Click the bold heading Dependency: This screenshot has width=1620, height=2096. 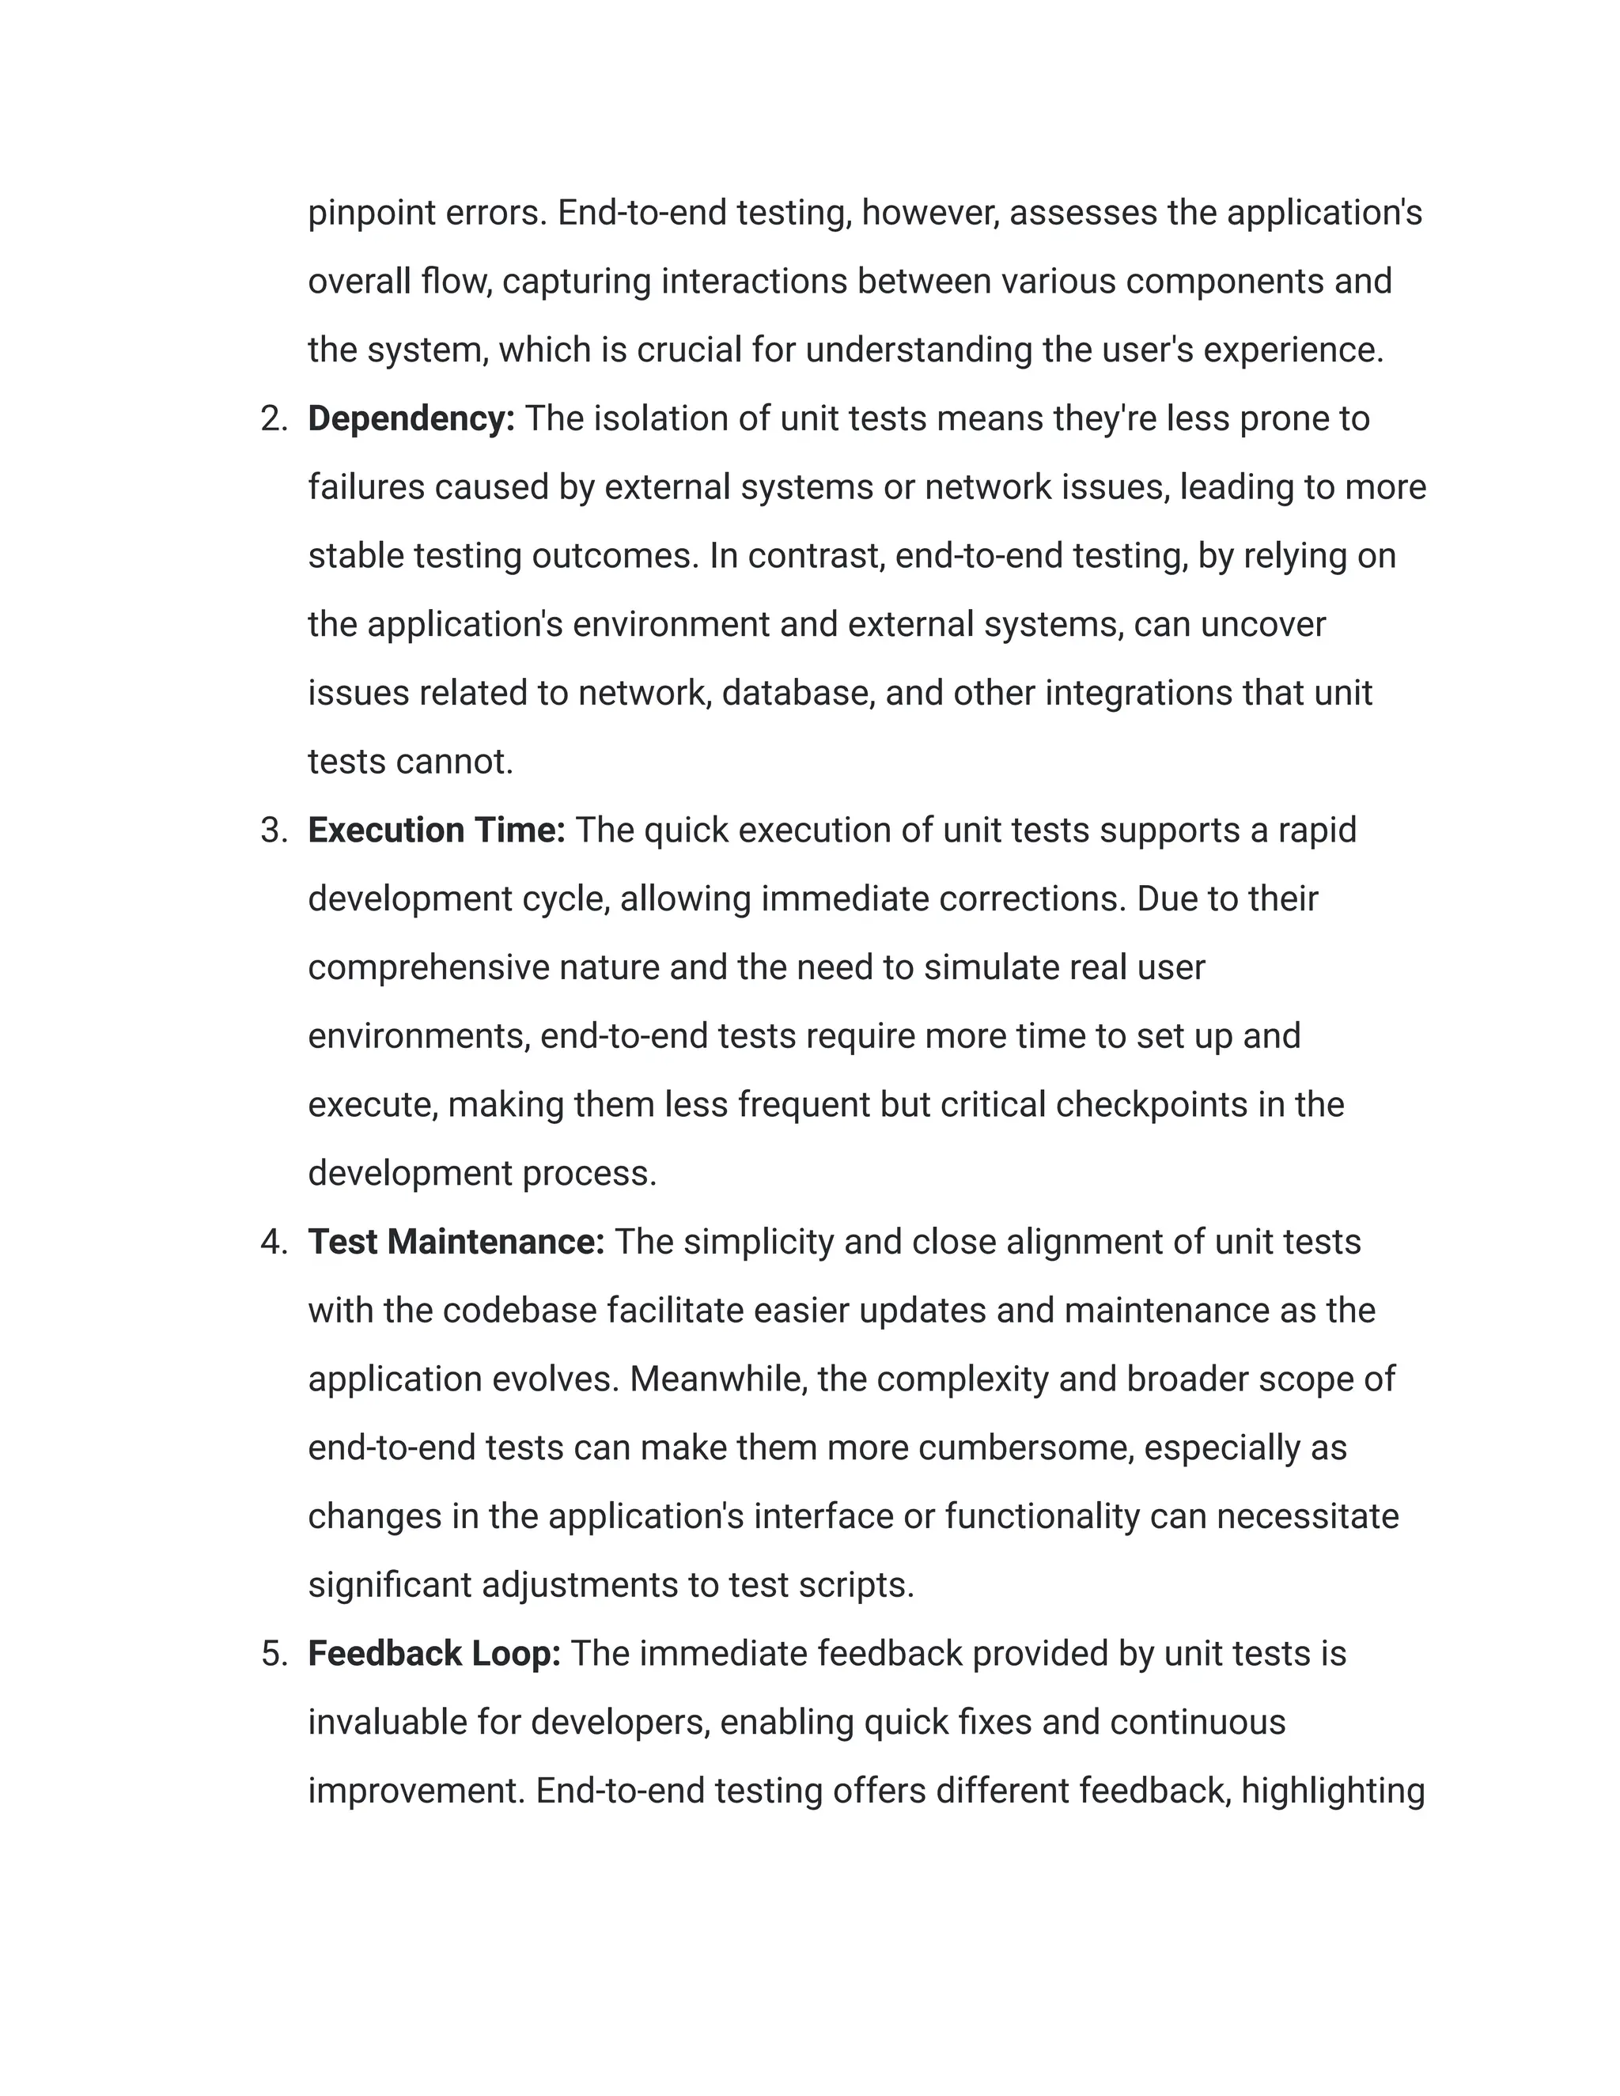[411, 419]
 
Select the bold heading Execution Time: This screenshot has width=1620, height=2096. [437, 831]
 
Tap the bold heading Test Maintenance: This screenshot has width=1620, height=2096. [456, 1243]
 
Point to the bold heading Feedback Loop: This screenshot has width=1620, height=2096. [433, 1655]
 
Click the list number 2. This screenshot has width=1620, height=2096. [274, 419]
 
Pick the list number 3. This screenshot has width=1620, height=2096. [274, 831]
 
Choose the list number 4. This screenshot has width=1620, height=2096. [274, 1243]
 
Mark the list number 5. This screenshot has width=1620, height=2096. [274, 1655]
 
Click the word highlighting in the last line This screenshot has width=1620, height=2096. [1332, 1791]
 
